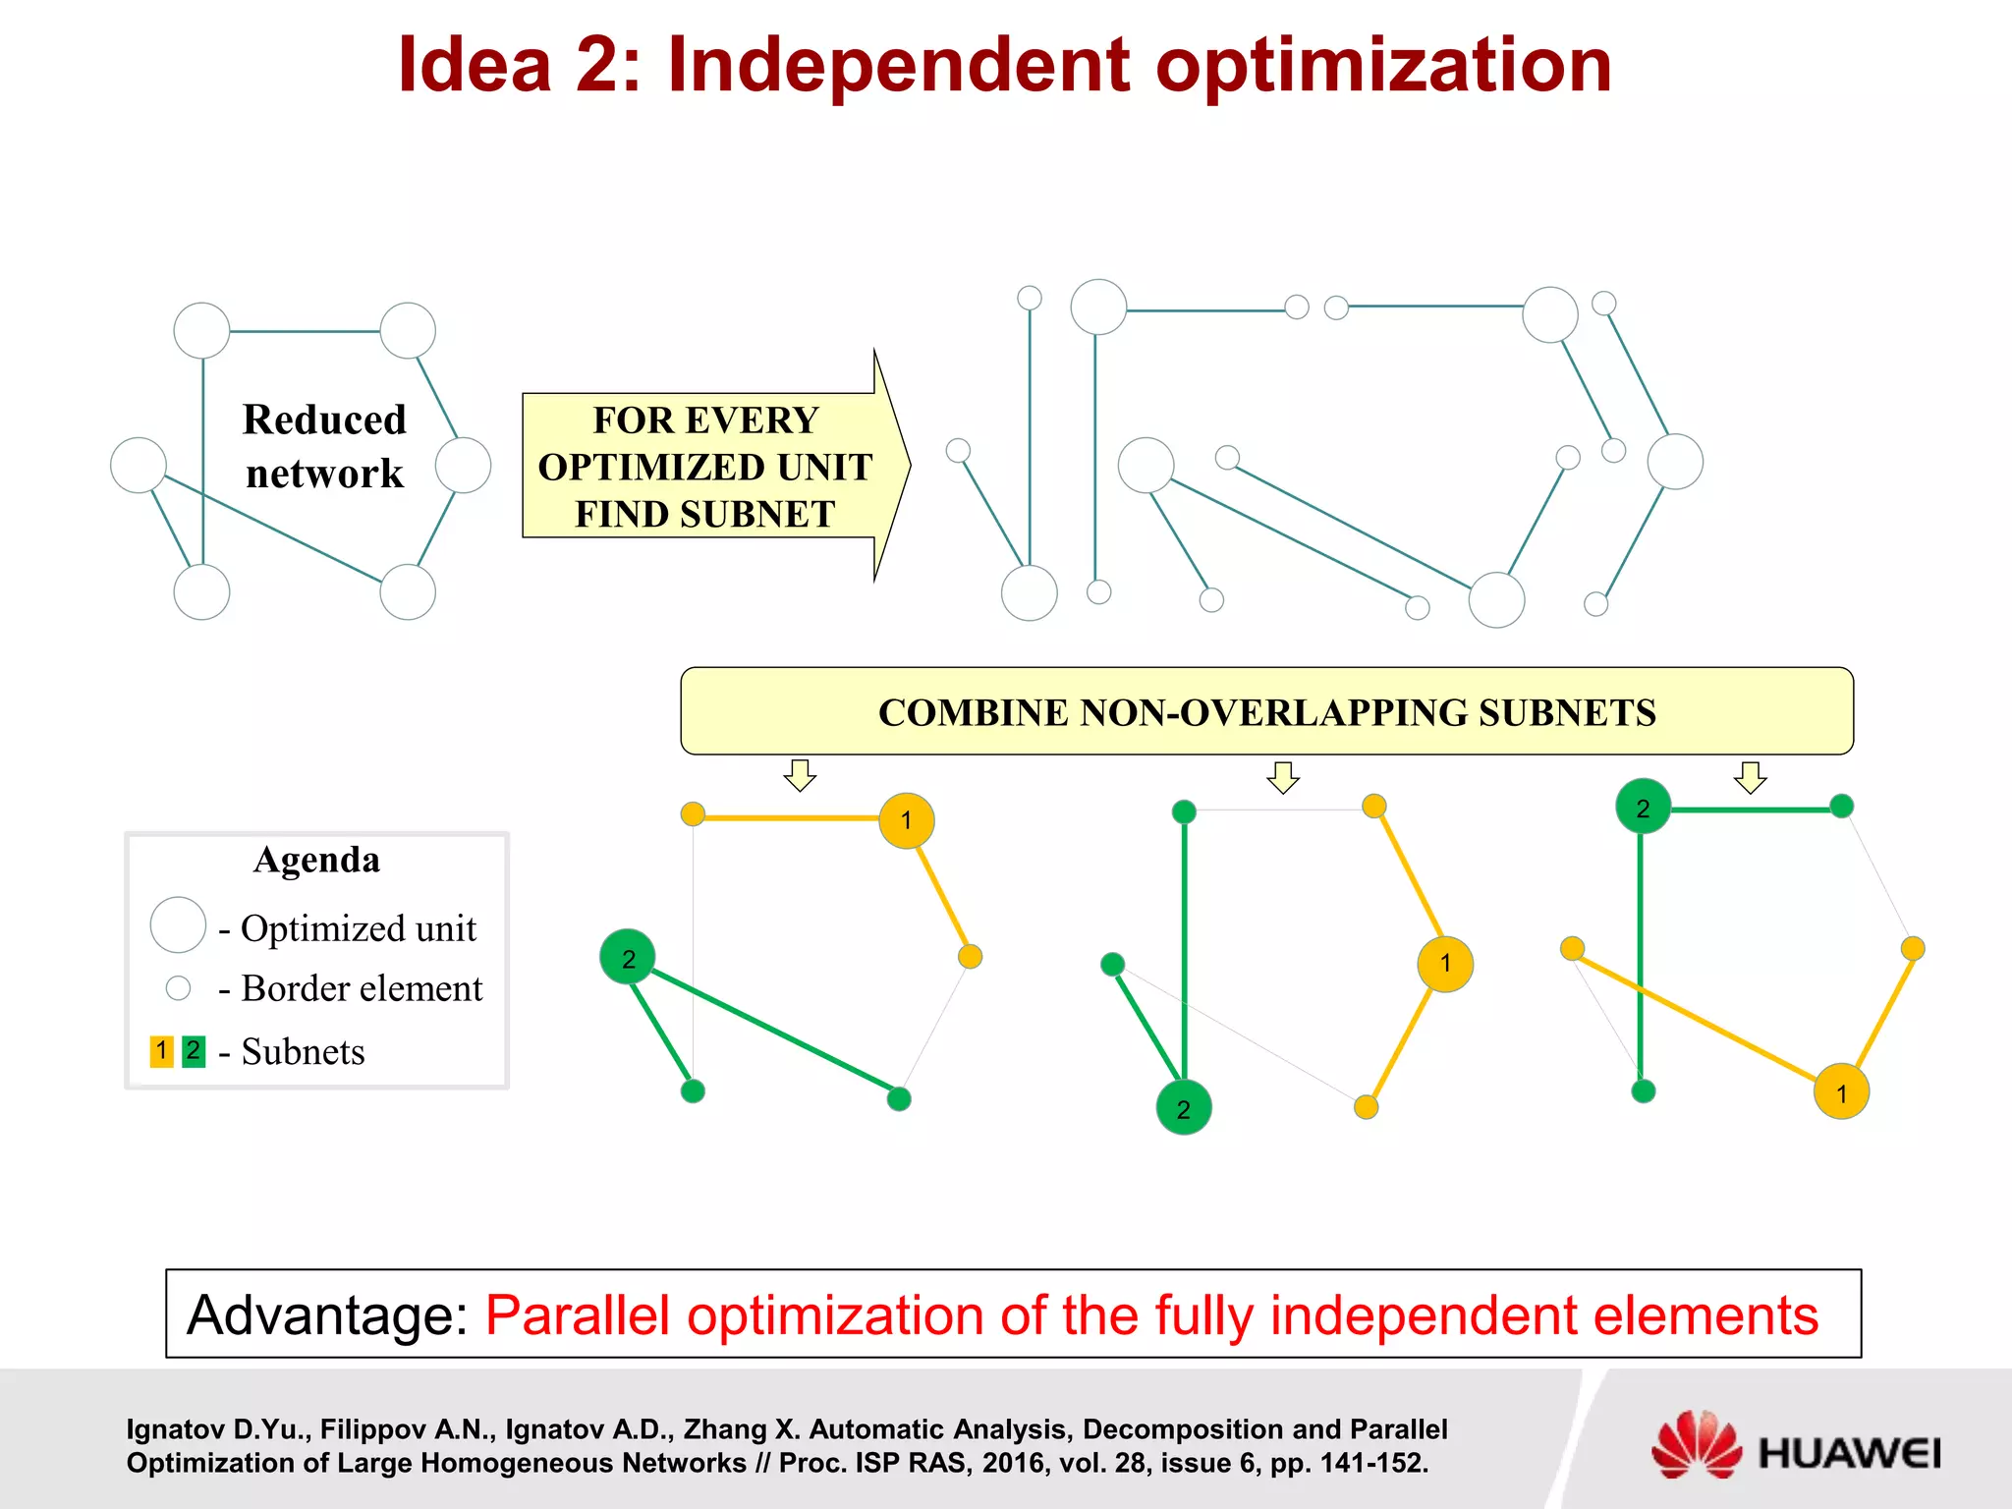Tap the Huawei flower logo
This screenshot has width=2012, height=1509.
pyautogui.click(x=1695, y=1444)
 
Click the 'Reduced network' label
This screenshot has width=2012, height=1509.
pyautogui.click(x=324, y=446)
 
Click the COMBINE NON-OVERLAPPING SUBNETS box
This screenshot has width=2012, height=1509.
pyautogui.click(x=1266, y=711)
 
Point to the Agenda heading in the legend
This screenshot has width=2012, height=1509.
pyautogui.click(x=316, y=860)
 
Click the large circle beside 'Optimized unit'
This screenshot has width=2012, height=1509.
pyautogui.click(x=178, y=924)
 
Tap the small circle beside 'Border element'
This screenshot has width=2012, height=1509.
pyautogui.click(x=178, y=987)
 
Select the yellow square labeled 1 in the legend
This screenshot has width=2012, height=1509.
pyautogui.click(x=162, y=1050)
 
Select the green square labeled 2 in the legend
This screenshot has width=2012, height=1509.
pyautogui.click(x=194, y=1050)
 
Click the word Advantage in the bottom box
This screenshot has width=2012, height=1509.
pyautogui.click(x=328, y=1314)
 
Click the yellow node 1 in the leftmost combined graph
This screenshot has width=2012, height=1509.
pyautogui.click(x=906, y=820)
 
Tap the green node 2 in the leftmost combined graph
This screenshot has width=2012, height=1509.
pyautogui.click(x=628, y=957)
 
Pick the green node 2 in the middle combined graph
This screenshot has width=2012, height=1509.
pyautogui.click(x=1184, y=1108)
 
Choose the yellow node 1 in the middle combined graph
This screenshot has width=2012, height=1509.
pyautogui.click(x=1445, y=964)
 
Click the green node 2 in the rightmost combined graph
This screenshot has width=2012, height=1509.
pyautogui.click(x=1643, y=808)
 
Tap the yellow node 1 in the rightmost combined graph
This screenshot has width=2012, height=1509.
pyautogui.click(x=1841, y=1091)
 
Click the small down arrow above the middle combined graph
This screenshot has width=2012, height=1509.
pyautogui.click(x=1283, y=777)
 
